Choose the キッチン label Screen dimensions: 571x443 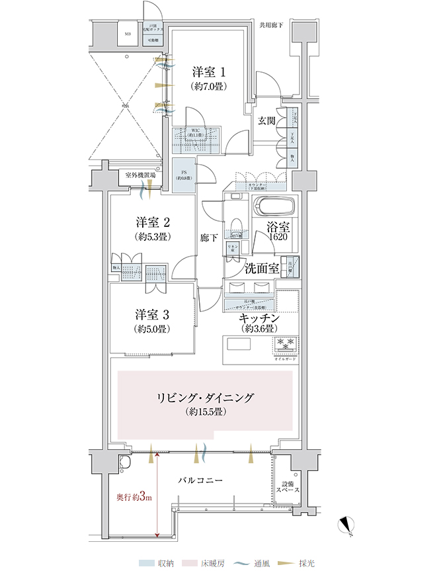click(260, 319)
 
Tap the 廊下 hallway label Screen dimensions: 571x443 click(209, 238)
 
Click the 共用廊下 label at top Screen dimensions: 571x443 click(271, 26)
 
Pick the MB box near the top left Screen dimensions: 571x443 click(127, 35)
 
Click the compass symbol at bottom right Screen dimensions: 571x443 click(346, 526)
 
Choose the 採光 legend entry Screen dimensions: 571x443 click(298, 563)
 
